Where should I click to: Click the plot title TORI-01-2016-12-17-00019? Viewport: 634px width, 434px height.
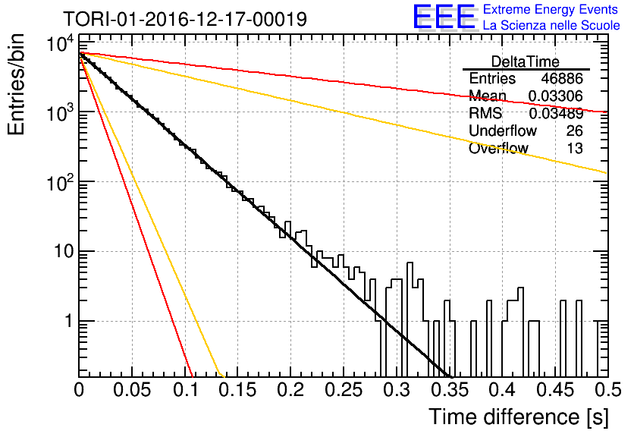pos(185,19)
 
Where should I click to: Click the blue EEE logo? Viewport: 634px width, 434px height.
pos(444,17)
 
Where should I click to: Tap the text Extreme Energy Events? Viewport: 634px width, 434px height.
pos(551,9)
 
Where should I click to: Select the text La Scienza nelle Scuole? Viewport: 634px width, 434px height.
pos(551,26)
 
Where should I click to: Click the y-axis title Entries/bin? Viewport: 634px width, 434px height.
pos(16,84)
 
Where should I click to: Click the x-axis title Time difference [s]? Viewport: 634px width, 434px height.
pos(518,417)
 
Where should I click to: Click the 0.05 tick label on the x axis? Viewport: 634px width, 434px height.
pos(132,390)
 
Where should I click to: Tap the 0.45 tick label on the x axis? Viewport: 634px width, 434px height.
pos(555,390)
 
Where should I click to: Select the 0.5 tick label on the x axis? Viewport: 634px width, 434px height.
pos(607,390)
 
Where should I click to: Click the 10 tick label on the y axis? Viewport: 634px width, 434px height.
pos(64,252)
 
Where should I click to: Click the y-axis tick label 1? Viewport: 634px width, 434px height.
pos(69,322)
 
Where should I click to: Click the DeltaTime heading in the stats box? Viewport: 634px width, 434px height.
pos(526,61)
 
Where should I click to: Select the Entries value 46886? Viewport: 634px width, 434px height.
pos(562,78)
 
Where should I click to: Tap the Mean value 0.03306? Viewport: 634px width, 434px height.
pos(556,96)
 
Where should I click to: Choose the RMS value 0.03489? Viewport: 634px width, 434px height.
pos(556,113)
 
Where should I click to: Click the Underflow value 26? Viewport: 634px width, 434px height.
pos(575,131)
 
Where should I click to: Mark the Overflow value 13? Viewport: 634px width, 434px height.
pos(575,148)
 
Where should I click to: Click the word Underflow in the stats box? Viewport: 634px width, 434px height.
pos(503,131)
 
